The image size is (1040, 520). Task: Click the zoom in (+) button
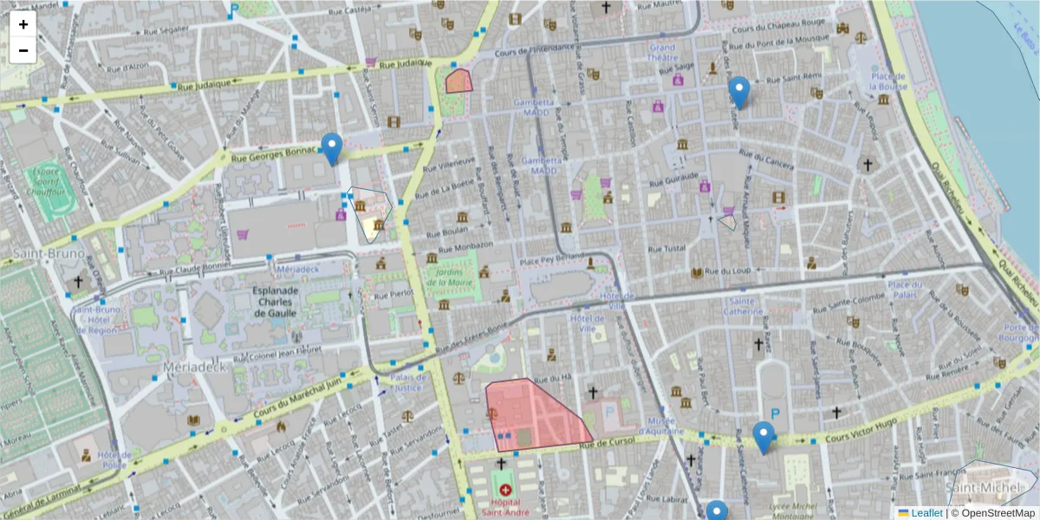coord(23,24)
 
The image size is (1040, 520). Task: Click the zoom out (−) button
coord(23,50)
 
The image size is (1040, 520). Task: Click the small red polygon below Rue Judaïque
coord(458,81)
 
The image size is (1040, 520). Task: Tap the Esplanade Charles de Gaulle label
coord(275,302)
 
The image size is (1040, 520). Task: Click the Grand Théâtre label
coord(662,53)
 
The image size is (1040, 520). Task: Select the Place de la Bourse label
coord(889,81)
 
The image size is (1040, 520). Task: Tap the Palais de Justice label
coord(408,382)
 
